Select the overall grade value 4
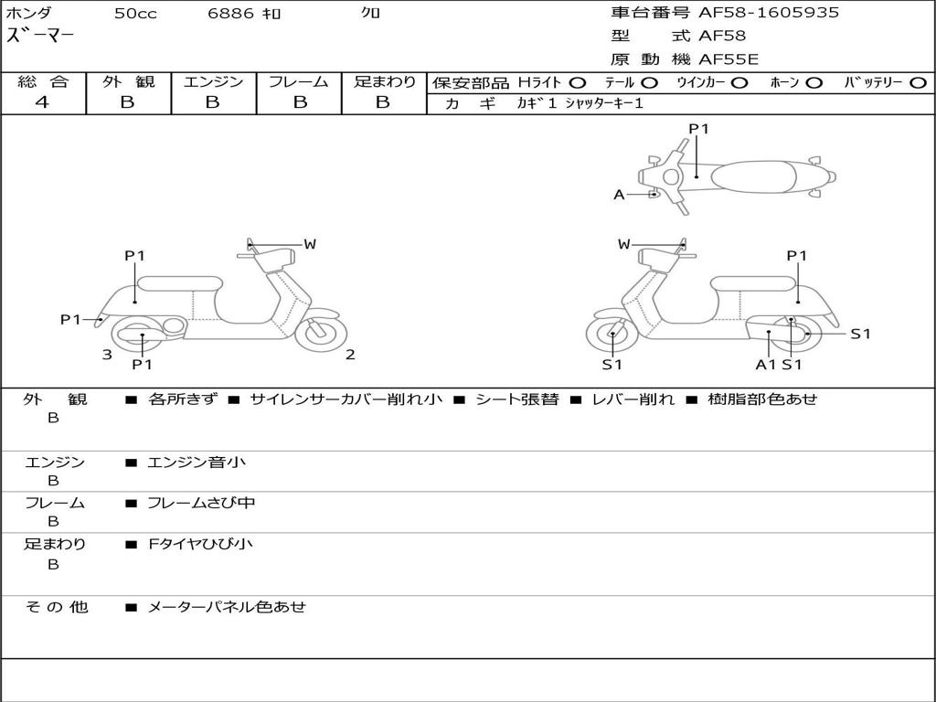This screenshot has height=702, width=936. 42,102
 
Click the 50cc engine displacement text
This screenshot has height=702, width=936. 135,14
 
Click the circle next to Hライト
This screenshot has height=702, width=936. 578,82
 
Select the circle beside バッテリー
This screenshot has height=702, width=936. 917,82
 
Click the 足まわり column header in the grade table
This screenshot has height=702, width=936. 384,81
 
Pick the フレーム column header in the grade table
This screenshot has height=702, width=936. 298,81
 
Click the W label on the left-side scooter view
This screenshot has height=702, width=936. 310,244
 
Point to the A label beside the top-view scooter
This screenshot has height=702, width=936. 619,195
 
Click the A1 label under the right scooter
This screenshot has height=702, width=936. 765,365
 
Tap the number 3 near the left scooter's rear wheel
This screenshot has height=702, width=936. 107,355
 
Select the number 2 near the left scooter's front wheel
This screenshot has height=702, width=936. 350,355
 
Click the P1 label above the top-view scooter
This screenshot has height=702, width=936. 698,129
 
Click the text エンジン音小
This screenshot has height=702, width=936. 197,463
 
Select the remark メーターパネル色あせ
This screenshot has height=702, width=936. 227,607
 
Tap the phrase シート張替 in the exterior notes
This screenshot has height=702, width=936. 516,399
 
